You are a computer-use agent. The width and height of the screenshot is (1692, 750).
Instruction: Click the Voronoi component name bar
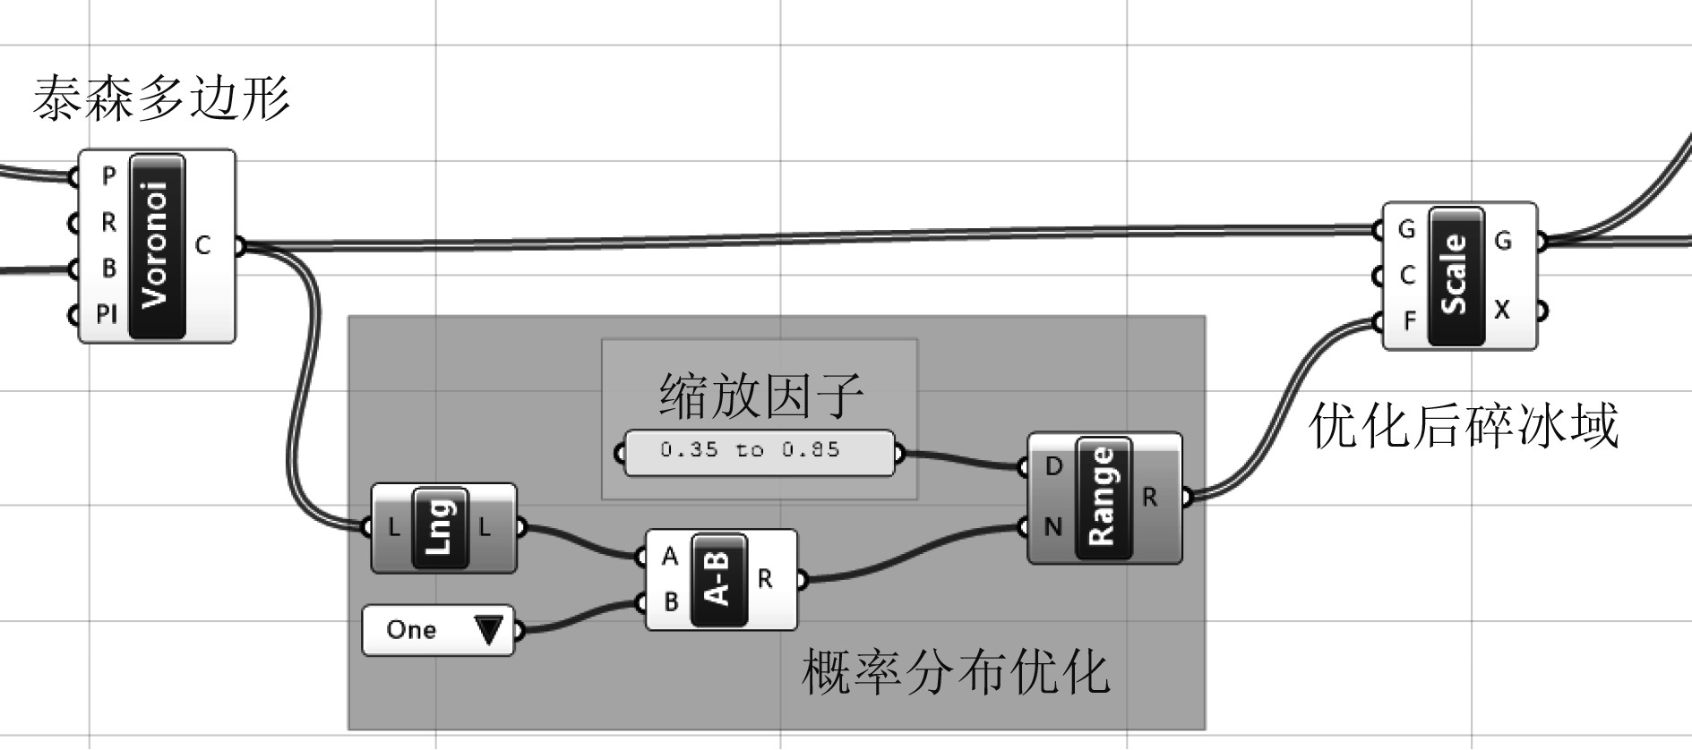tap(157, 246)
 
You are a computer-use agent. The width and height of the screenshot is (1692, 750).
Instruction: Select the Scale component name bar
tap(1456, 275)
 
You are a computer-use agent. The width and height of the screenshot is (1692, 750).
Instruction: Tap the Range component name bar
tap(1103, 498)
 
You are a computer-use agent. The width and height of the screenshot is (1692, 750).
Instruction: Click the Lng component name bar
tap(440, 528)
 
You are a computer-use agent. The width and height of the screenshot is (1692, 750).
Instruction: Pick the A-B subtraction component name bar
tap(719, 579)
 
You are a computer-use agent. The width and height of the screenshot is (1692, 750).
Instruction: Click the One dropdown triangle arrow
tap(488, 630)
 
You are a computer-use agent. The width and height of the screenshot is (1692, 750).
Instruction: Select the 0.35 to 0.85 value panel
tap(759, 451)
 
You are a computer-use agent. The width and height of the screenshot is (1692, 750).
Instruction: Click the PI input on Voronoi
tap(107, 314)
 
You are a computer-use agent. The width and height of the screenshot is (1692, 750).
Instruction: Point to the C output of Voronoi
tap(202, 245)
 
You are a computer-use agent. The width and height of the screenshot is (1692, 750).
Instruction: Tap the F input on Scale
tap(1409, 320)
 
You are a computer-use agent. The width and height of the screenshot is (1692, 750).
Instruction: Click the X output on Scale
tap(1502, 310)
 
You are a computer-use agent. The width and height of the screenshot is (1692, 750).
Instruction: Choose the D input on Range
tap(1053, 466)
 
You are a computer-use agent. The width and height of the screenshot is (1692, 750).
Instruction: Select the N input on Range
tap(1052, 527)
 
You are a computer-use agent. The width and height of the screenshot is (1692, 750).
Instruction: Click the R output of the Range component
tap(1150, 497)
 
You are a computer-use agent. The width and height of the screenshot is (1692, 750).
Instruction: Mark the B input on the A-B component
tap(670, 602)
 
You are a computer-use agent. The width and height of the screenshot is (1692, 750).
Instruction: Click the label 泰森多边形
tap(161, 98)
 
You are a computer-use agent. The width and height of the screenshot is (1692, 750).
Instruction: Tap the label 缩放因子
tap(760, 396)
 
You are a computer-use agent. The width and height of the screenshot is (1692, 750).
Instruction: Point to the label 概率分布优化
tap(955, 672)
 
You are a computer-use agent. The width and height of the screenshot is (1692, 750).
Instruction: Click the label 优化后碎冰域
tap(1464, 425)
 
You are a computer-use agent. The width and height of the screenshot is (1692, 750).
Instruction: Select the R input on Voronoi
tap(107, 222)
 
